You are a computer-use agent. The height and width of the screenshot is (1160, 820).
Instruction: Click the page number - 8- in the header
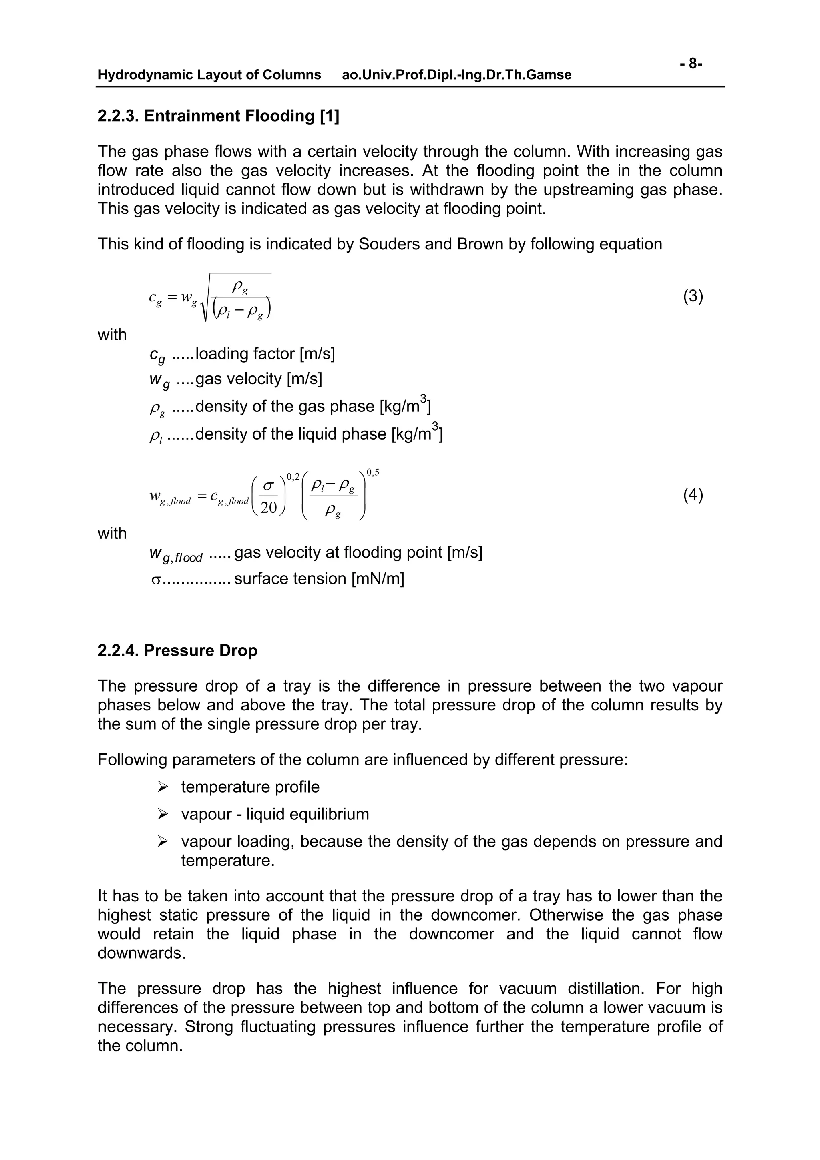691,64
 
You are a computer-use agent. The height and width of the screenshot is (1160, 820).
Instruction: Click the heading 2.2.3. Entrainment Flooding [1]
218,116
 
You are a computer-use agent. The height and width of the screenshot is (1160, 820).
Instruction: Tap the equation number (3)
693,297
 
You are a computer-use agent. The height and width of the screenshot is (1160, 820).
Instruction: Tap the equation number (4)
693,495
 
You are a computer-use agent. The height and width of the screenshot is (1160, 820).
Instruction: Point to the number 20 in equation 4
268,507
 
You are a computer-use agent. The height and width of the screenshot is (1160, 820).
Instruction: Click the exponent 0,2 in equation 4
293,476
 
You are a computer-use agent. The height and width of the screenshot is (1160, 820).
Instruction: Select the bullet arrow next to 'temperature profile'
162,787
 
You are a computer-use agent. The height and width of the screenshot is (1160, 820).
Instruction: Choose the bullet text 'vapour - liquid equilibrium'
275,814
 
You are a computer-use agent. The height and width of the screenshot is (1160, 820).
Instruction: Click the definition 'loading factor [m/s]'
265,354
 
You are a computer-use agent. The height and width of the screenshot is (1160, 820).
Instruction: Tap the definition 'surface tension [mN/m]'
319,578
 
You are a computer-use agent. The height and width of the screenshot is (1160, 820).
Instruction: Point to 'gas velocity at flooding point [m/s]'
358,552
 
